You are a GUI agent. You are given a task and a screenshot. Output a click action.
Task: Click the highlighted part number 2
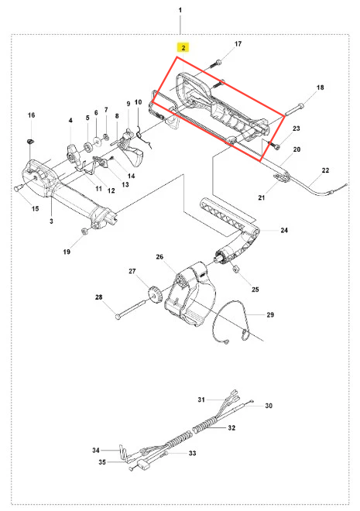tap(183, 48)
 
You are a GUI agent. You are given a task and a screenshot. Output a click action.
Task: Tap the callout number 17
tap(238, 43)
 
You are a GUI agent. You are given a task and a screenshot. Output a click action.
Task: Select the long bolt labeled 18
tap(294, 109)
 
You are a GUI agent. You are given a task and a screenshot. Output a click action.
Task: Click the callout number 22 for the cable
tap(325, 170)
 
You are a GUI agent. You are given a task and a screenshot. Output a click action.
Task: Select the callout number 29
tap(270, 315)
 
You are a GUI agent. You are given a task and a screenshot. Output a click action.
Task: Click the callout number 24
tap(284, 230)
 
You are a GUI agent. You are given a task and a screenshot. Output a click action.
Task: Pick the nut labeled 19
tap(84, 231)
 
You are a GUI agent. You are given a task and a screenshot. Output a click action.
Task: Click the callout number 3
tap(51, 221)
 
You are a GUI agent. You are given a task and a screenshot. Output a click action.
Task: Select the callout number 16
tap(31, 115)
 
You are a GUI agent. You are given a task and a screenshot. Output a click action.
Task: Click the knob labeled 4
tap(74, 154)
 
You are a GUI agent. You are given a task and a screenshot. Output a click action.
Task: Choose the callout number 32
tap(231, 427)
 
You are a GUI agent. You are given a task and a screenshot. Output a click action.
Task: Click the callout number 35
tap(102, 462)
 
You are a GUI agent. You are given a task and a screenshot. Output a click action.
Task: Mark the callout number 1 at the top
tap(180, 10)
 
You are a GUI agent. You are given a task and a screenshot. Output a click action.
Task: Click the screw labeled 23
tap(273, 144)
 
